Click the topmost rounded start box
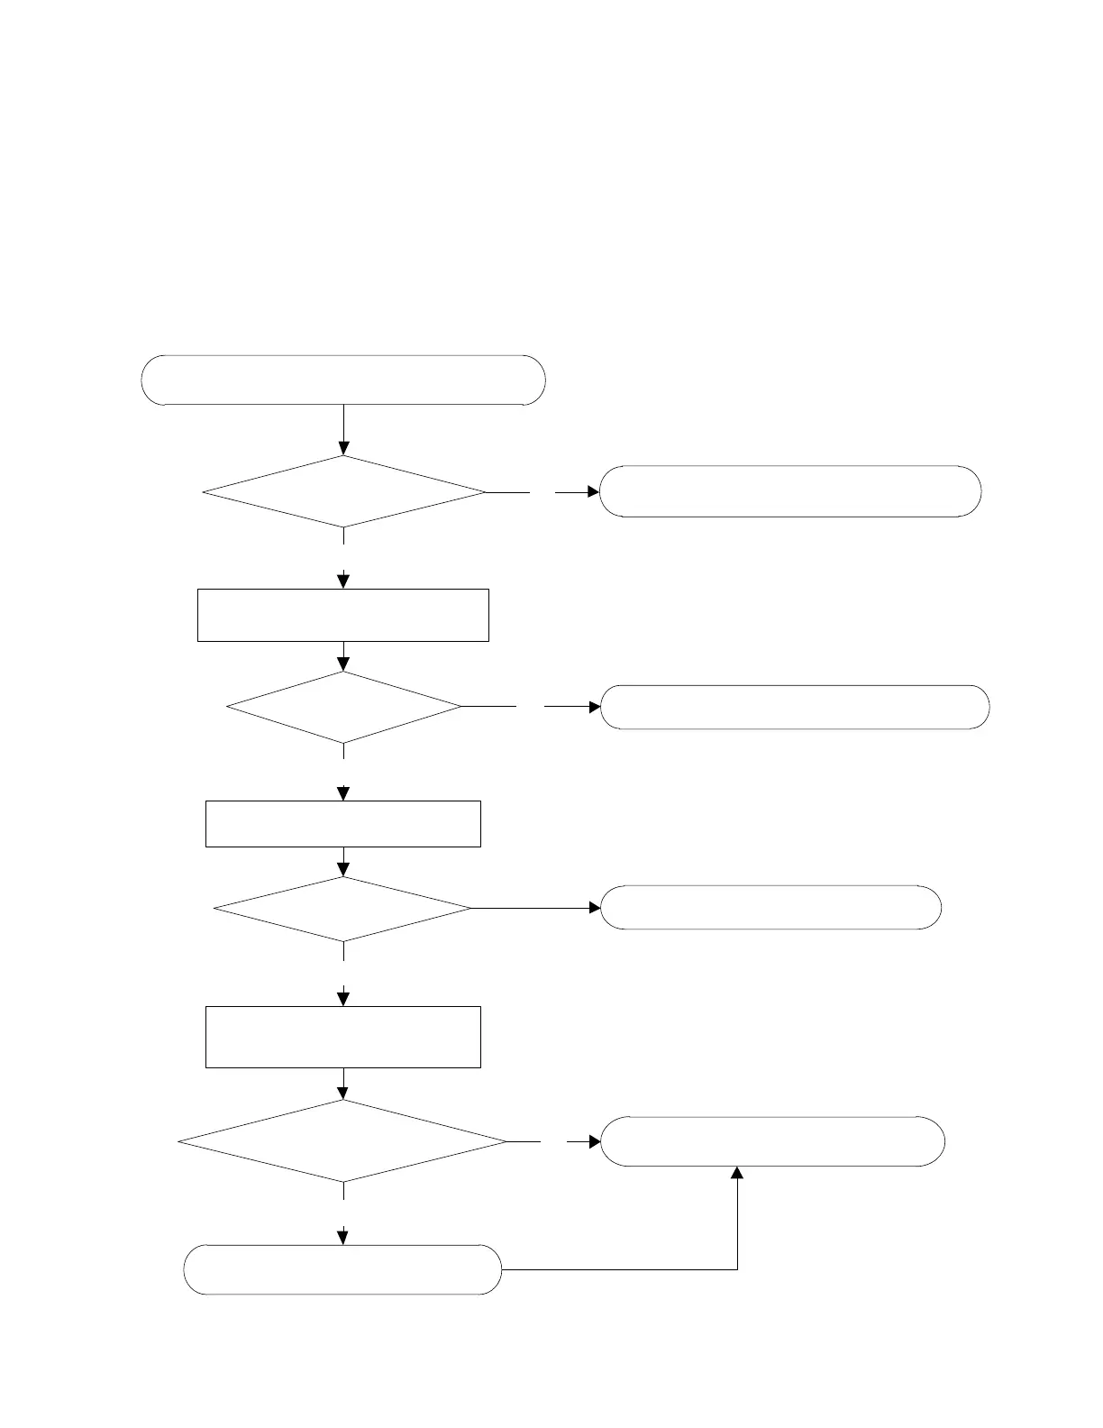343,380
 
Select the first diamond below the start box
343,491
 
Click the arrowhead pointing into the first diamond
343,448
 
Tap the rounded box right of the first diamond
790,491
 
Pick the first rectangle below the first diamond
343,615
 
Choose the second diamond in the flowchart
343,707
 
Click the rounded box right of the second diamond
795,707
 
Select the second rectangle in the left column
343,823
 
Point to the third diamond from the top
343,909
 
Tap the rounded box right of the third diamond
771,908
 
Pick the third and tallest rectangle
343,1037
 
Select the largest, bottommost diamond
343,1141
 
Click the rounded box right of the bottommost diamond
773,1141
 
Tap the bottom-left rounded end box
342,1269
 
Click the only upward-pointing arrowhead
737,1173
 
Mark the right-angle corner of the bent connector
737,1269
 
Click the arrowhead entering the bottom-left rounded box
343,1238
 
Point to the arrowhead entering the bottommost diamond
343,1093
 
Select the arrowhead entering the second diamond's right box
595,707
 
